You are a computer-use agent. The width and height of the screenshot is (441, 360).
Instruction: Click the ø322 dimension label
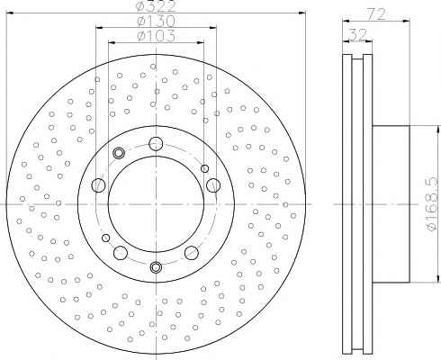point(156,6)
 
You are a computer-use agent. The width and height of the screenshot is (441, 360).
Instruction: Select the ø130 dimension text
point(156,21)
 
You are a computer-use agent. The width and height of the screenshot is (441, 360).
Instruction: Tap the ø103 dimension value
point(156,36)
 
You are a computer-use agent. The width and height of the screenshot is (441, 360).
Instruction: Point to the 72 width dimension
point(376,14)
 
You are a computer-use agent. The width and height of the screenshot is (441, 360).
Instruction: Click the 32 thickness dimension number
point(358,34)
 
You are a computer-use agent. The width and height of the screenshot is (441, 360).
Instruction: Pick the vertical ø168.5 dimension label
point(434,203)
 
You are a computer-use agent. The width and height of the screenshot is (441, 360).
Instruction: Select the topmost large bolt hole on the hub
point(156,143)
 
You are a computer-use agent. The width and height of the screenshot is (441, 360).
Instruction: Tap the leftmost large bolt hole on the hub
point(98,184)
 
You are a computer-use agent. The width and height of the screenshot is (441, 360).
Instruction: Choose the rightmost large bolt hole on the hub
point(213,184)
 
